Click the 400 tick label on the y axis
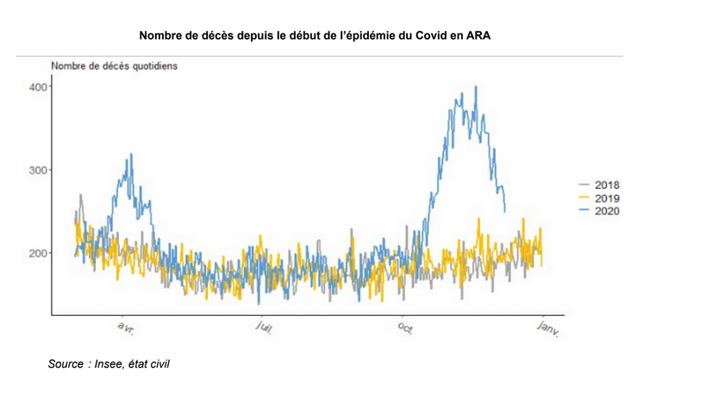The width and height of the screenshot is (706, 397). [38, 86]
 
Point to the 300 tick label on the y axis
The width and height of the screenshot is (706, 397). [38, 170]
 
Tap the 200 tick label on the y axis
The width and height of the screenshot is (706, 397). [38, 253]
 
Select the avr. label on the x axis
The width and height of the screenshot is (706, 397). [126, 329]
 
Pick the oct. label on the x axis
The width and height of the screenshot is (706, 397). [406, 329]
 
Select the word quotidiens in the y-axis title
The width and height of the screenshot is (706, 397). [153, 66]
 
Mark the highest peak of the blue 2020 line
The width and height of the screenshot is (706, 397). [476, 86]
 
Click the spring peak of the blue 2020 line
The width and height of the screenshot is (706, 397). [131, 154]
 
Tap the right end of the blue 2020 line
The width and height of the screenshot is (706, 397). [505, 211]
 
